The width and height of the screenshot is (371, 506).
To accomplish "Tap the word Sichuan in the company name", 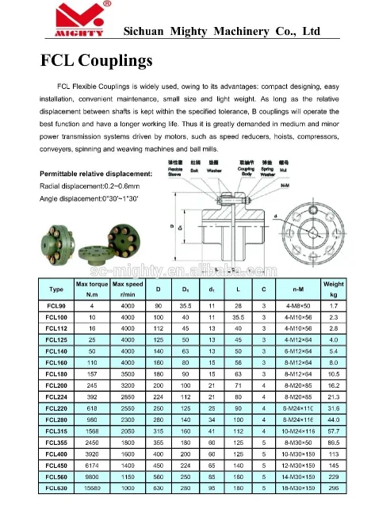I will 151,31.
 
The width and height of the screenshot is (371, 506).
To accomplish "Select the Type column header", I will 56,289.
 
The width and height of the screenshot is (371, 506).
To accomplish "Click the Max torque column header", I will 91,289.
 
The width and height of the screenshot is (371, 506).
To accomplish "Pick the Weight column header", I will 333,289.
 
